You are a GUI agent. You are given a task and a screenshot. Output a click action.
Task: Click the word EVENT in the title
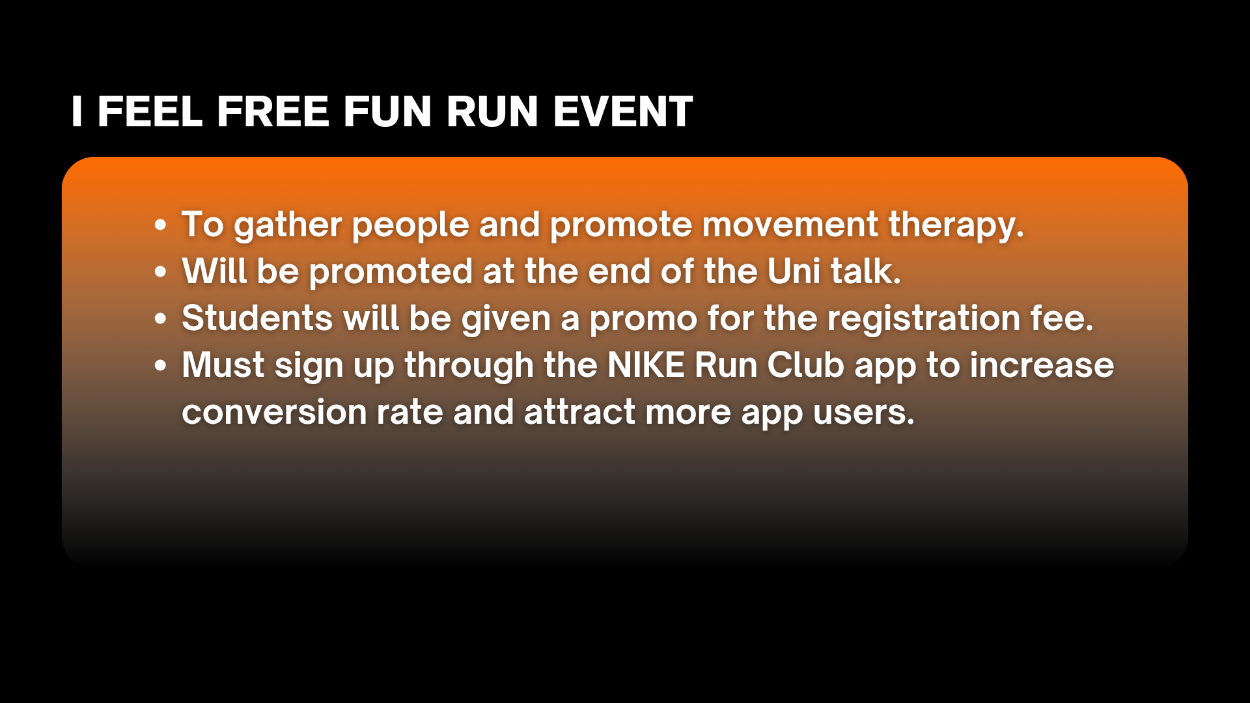pos(623,111)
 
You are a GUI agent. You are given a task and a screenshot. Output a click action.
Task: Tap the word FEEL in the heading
pos(150,111)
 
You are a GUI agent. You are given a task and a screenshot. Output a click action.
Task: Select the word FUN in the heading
pos(387,111)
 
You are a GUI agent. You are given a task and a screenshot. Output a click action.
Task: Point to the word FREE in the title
pos(273,111)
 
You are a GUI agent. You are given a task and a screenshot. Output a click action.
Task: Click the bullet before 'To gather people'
pos(161,225)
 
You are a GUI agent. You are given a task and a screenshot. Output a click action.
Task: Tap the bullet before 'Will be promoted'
pos(161,272)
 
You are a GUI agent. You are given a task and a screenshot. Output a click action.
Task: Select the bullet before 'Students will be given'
pos(161,319)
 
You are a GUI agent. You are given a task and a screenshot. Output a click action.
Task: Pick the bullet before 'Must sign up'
pos(161,366)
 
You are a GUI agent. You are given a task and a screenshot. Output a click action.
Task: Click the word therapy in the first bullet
pos(956,226)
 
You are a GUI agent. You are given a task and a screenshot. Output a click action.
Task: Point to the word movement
pos(790,225)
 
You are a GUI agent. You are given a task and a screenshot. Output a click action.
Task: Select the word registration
pos(924,320)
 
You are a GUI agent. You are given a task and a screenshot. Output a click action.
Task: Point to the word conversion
pos(274,413)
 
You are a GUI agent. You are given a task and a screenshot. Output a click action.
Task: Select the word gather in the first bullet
pos(286,226)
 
